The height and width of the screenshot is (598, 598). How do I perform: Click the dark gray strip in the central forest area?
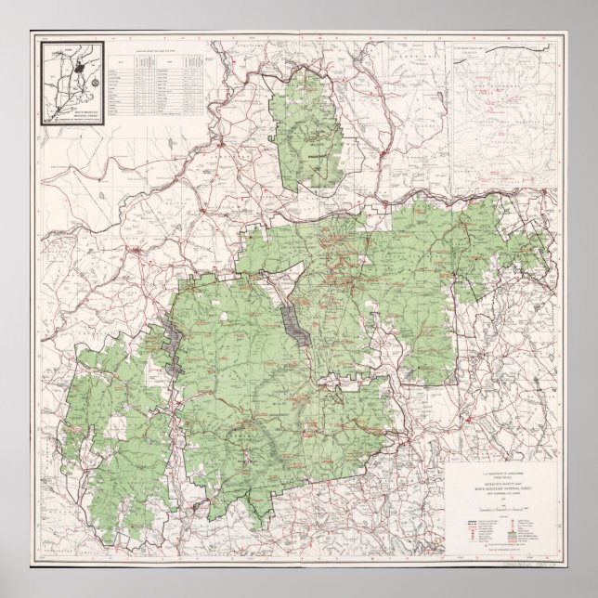click(295, 320)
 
